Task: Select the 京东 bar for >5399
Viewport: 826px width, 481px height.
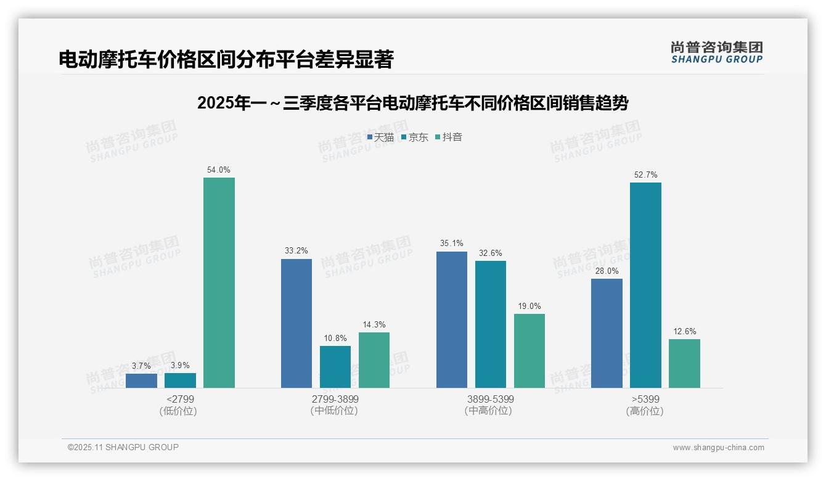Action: pyautogui.click(x=645, y=285)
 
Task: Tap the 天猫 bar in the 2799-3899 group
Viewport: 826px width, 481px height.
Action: pyautogui.click(x=296, y=323)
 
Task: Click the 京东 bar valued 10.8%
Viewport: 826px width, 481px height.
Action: pyautogui.click(x=335, y=366)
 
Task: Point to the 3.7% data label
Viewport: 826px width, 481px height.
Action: pyautogui.click(x=141, y=366)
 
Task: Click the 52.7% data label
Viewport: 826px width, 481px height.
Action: pyautogui.click(x=645, y=175)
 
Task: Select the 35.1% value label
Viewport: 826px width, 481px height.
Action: pyautogui.click(x=452, y=244)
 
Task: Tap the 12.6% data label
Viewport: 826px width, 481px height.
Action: pyautogui.click(x=684, y=332)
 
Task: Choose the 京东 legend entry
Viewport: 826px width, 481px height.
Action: pyautogui.click(x=415, y=137)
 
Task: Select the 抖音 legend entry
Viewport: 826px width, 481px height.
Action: pyautogui.click(x=449, y=137)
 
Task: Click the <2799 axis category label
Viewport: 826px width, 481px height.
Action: pyautogui.click(x=180, y=399)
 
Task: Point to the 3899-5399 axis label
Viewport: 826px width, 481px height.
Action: pyautogui.click(x=490, y=399)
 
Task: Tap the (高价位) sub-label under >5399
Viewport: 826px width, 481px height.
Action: pyautogui.click(x=645, y=411)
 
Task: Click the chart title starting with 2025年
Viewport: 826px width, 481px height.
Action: pyautogui.click(x=412, y=103)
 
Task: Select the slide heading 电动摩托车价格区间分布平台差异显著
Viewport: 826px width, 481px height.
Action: pyautogui.click(x=226, y=60)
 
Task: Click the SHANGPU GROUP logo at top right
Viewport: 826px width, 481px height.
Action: pyautogui.click(x=716, y=52)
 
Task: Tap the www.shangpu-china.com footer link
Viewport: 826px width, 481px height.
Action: pyautogui.click(x=718, y=448)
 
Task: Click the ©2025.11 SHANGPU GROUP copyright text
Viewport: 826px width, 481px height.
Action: pyautogui.click(x=123, y=447)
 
